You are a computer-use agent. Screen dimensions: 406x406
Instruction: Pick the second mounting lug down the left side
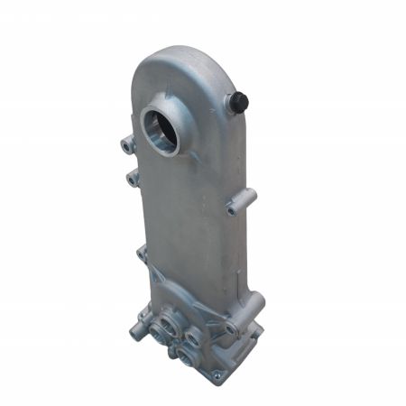134,178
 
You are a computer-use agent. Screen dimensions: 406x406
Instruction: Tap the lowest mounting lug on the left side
143,254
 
